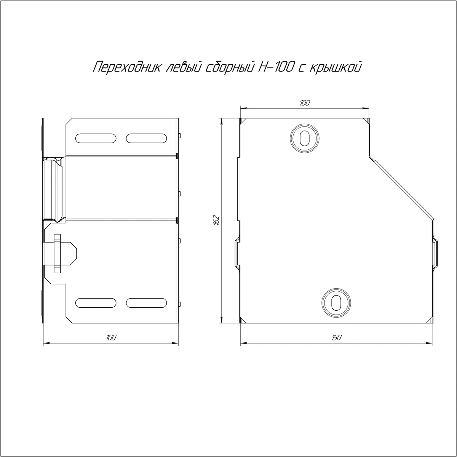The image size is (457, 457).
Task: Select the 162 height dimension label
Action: point(216,220)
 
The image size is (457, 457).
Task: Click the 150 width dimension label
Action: point(336,337)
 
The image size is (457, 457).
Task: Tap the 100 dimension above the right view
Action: point(305,103)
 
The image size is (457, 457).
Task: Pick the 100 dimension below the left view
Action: point(111,337)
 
